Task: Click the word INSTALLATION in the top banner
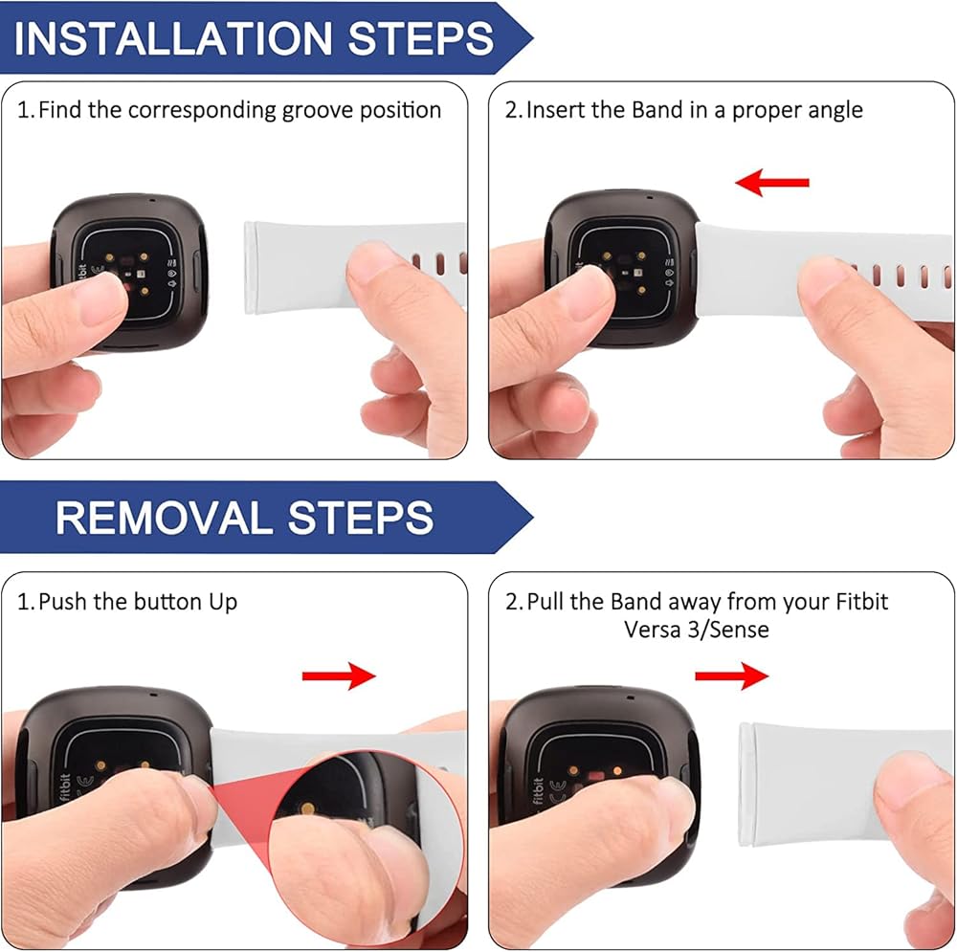click(172, 38)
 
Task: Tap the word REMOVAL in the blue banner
click(164, 519)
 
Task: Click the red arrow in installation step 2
click(772, 183)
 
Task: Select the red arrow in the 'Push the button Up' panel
click(339, 675)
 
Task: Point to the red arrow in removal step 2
click(732, 675)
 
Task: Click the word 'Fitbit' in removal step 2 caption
click(862, 602)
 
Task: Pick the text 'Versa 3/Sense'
click(697, 630)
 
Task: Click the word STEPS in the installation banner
click(420, 38)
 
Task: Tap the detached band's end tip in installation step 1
click(249, 268)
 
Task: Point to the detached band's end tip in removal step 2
click(744, 785)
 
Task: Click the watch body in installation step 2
click(622, 269)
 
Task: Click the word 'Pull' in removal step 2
click(545, 602)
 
